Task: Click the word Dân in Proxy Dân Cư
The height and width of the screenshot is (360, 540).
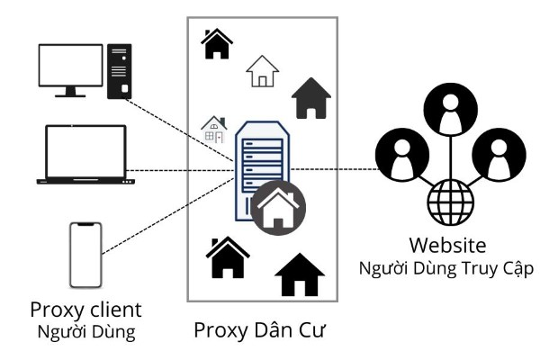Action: click(x=267, y=330)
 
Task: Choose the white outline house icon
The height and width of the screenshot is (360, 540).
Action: click(x=262, y=71)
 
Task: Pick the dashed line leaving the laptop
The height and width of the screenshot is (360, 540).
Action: click(x=180, y=169)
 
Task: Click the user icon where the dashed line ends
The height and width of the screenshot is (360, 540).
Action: click(x=397, y=152)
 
